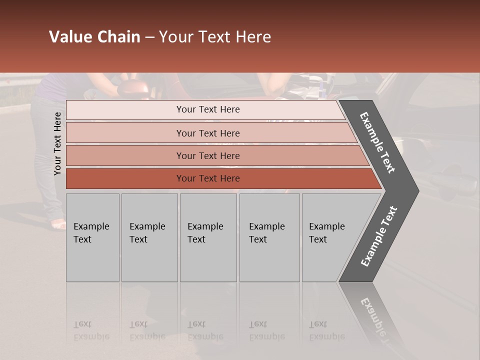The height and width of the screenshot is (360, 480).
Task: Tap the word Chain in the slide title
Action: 119,37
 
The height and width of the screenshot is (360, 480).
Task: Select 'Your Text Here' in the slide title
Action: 215,37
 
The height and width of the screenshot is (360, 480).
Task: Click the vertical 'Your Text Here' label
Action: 57,143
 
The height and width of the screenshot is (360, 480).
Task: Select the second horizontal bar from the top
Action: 207,133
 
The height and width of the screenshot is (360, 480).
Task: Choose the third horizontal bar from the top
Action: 207,155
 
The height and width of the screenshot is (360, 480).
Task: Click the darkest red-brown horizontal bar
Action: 207,178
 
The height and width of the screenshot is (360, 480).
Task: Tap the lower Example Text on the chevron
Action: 379,236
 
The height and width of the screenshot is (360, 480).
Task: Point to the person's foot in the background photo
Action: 58,224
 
